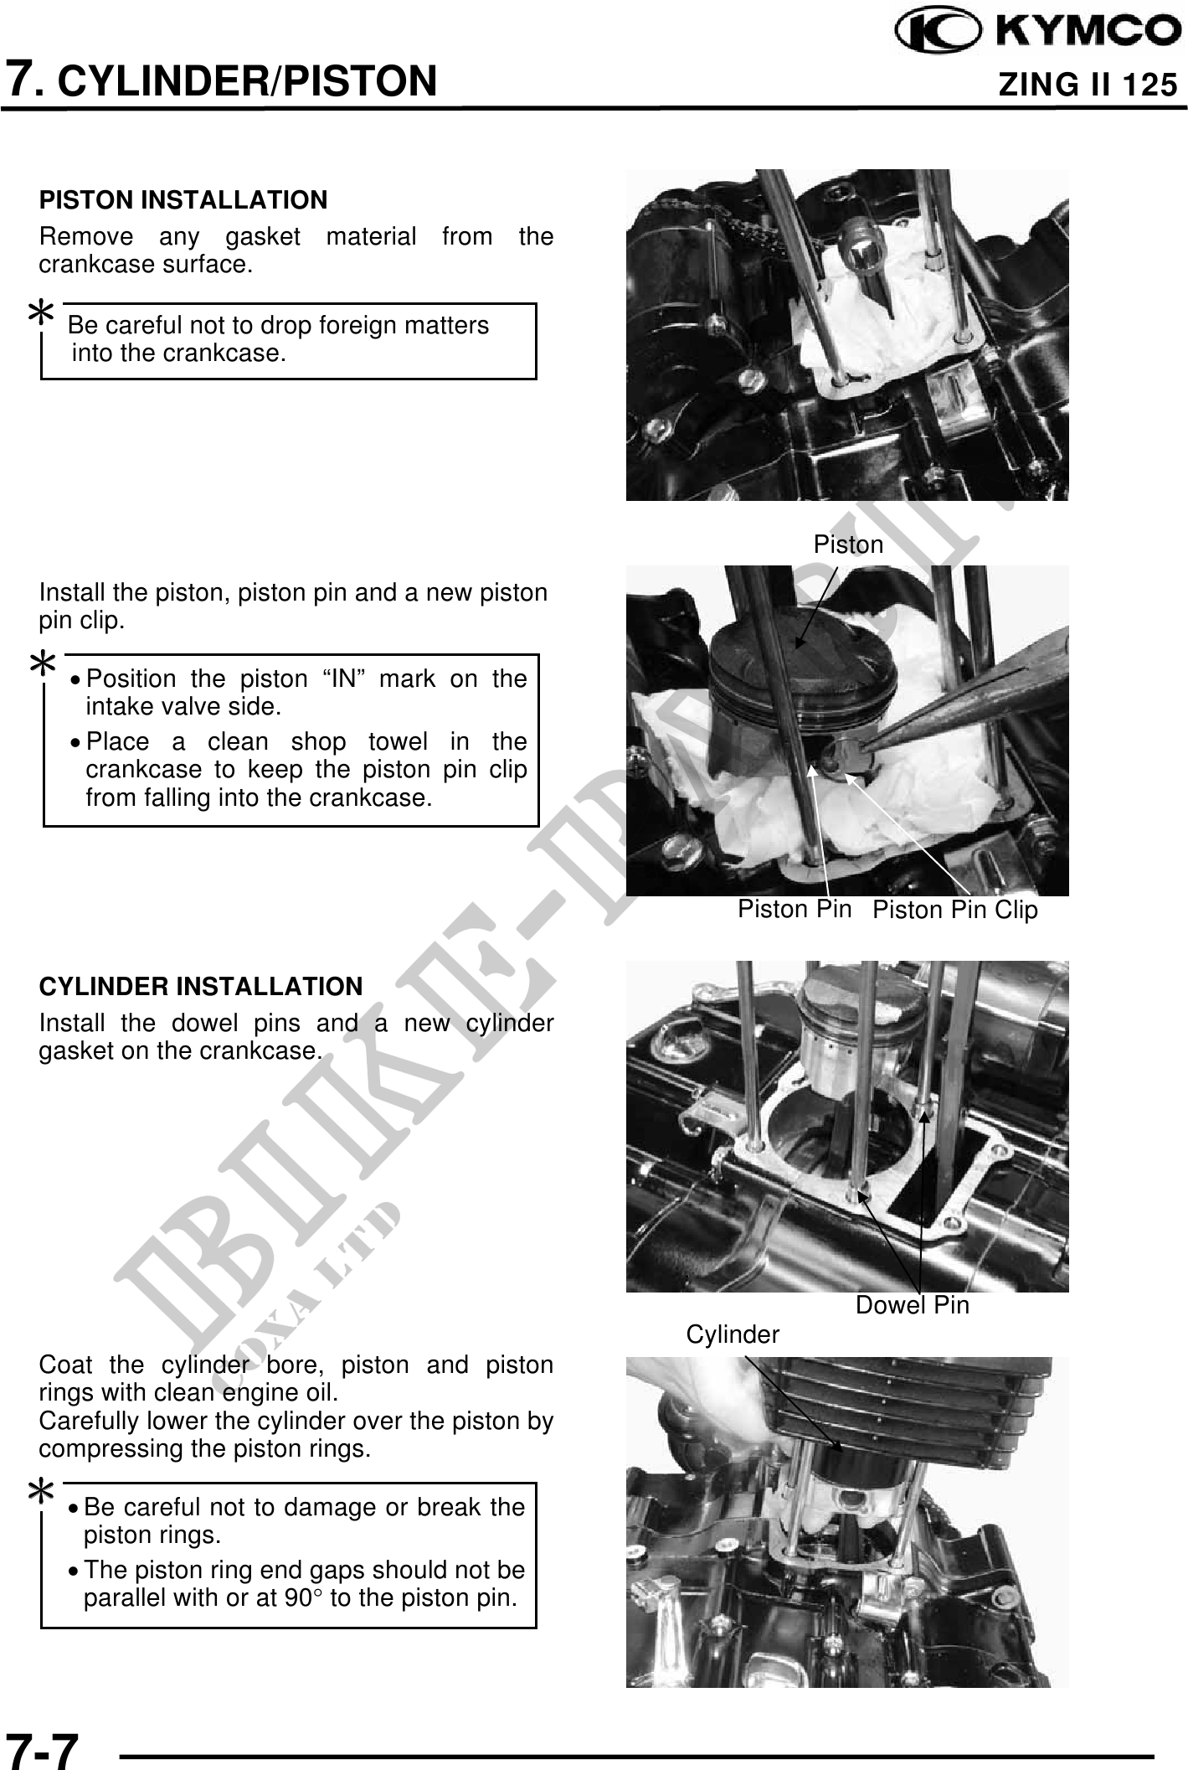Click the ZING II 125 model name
coord(1088,85)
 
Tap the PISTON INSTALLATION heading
coord(183,200)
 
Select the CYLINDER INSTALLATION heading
coord(201,986)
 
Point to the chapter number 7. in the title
coord(23,80)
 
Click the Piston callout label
coord(848,544)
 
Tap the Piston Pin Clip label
coord(954,910)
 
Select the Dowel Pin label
coord(912,1304)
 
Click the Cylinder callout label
coord(733,1334)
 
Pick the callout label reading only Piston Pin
coord(794,909)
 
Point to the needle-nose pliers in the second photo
coord(963,704)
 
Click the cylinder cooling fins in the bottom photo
coord(904,1407)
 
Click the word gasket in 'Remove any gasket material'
coord(263,237)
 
